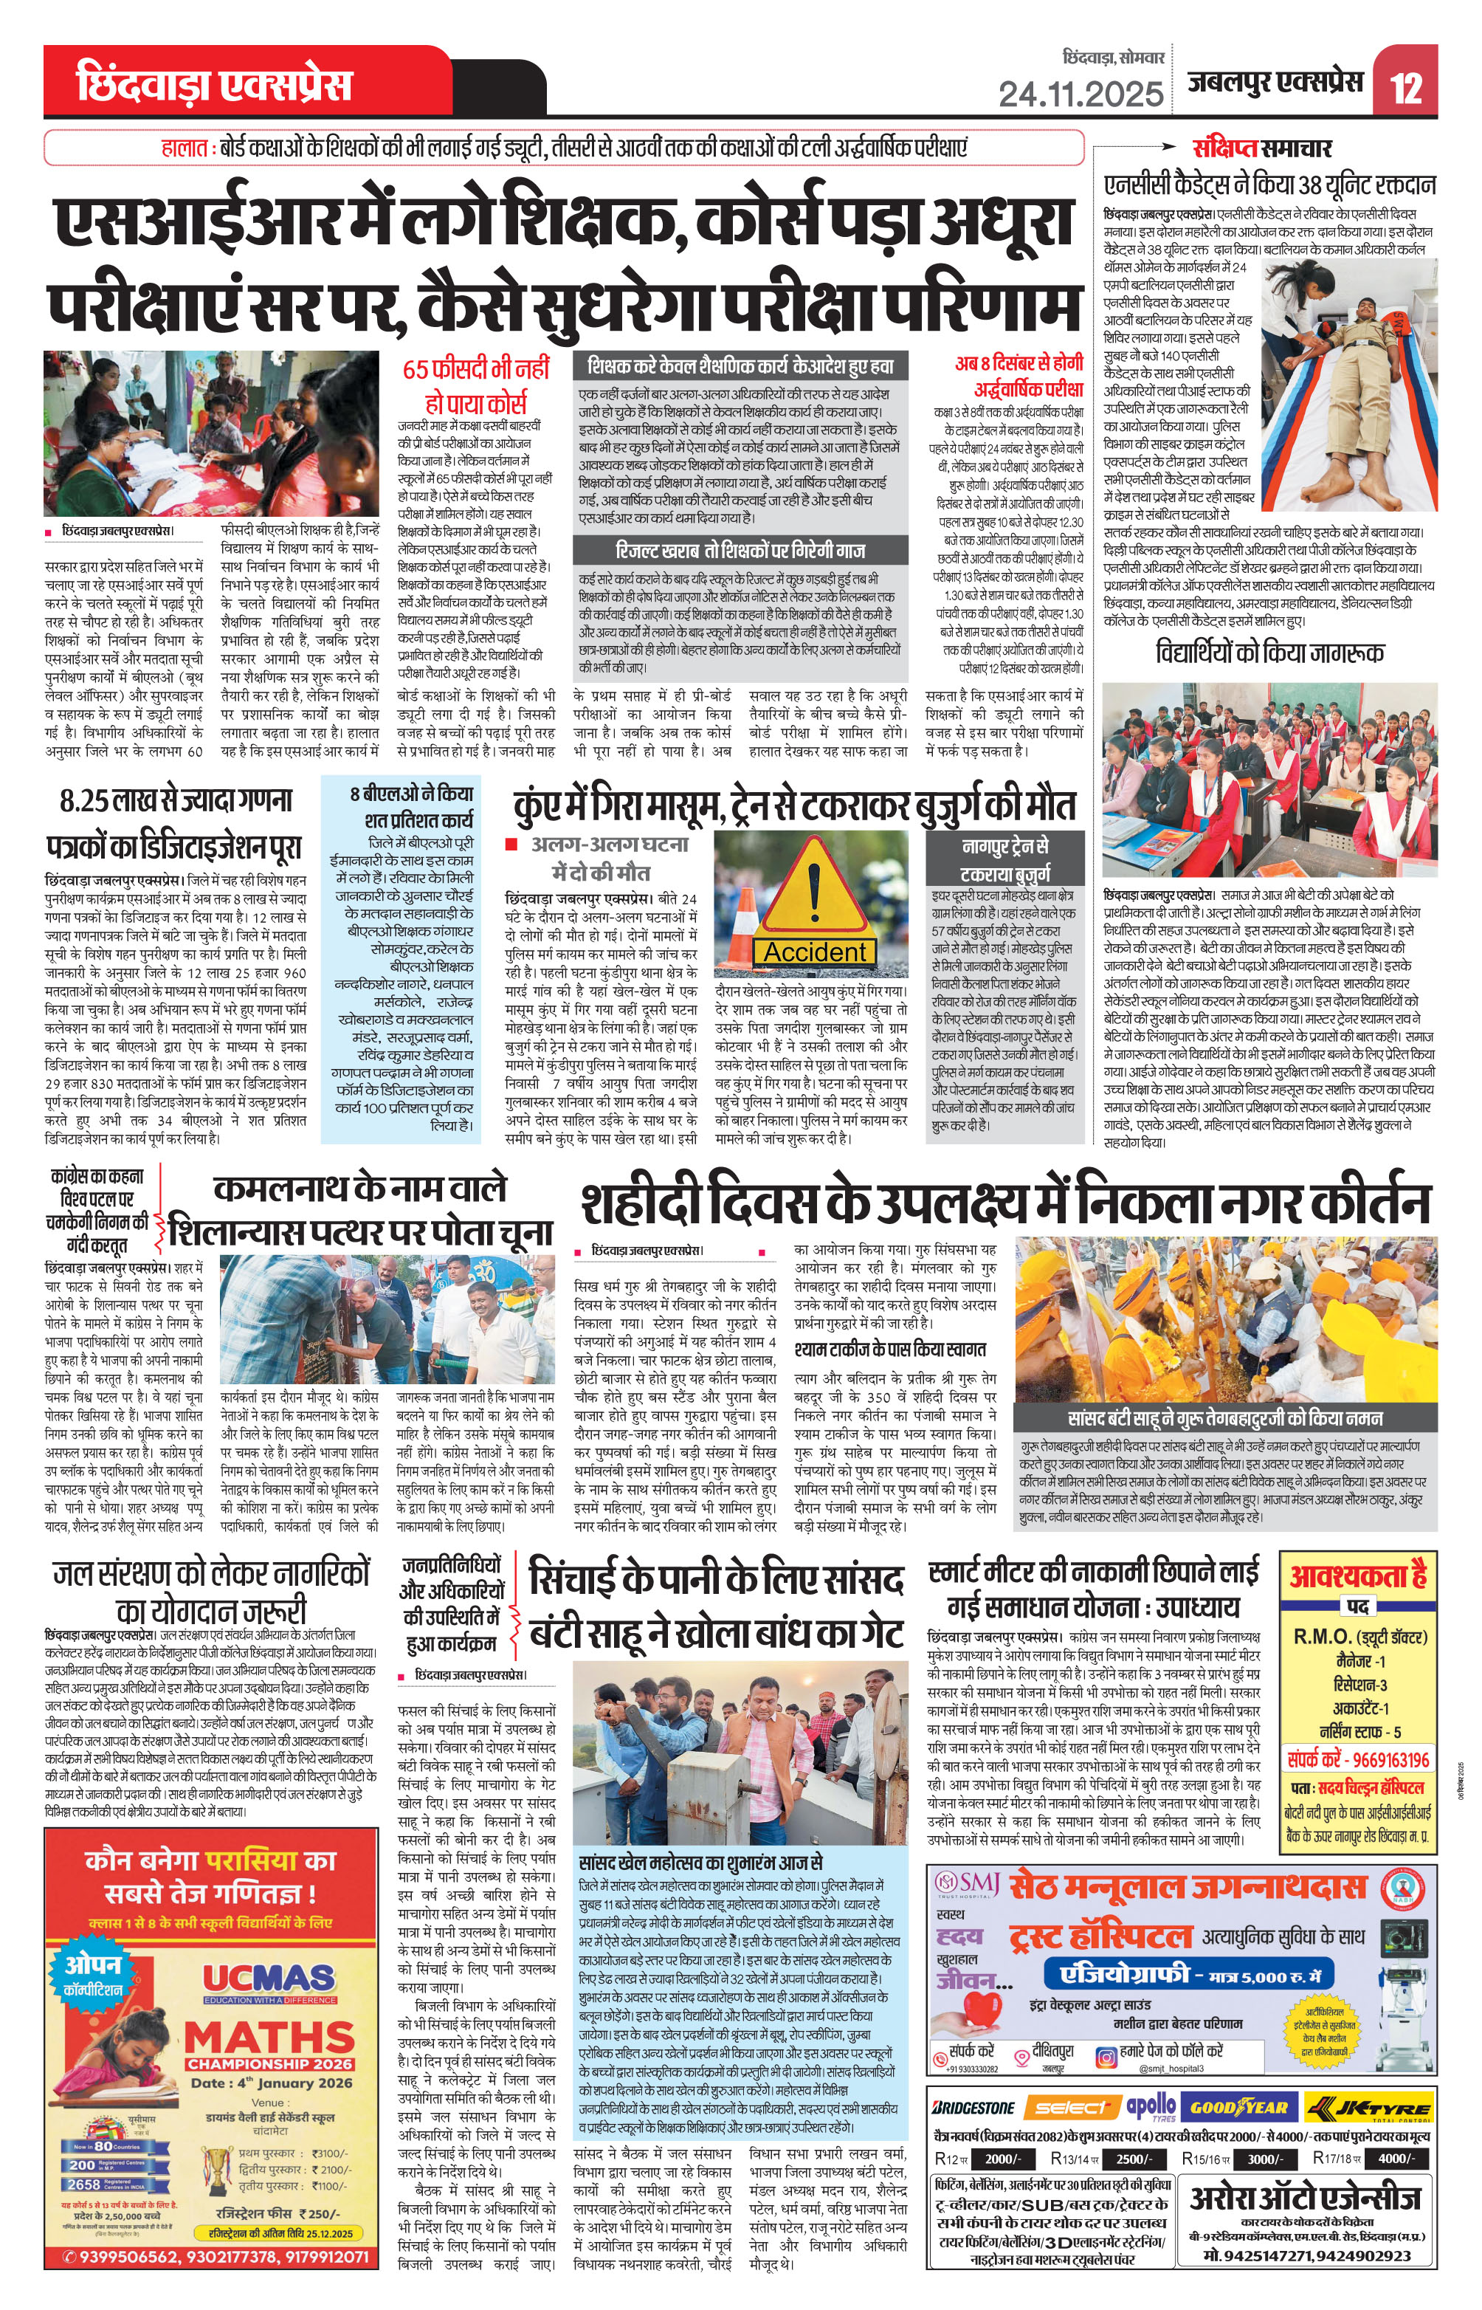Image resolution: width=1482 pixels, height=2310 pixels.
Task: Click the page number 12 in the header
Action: (x=1406, y=86)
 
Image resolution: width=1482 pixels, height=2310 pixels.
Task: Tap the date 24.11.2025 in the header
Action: (x=1081, y=93)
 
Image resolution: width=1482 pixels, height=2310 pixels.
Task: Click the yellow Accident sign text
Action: (x=815, y=952)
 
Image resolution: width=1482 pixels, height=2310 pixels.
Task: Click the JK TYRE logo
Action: (x=1367, y=2107)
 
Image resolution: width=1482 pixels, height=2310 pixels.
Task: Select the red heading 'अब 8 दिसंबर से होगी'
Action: (x=1019, y=364)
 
